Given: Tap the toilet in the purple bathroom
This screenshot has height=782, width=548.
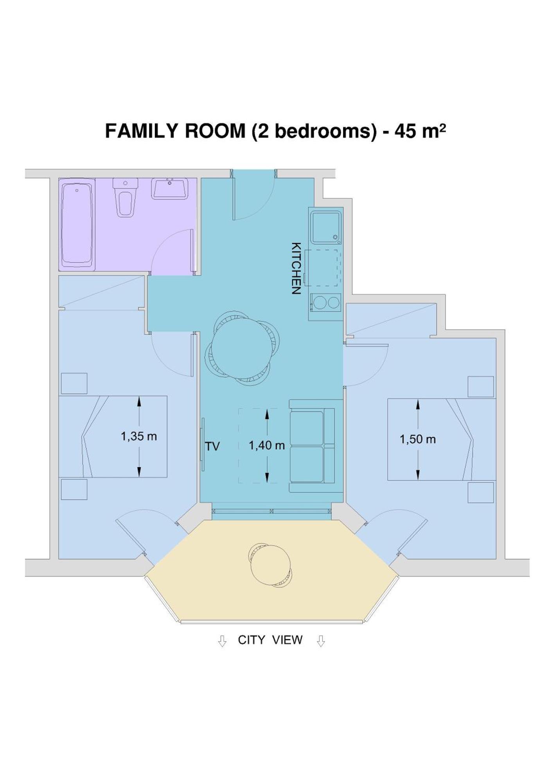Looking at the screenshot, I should point(125,198).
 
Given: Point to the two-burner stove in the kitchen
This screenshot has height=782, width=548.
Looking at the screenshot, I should point(326,303).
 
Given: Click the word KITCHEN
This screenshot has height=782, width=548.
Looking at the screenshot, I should point(296,268).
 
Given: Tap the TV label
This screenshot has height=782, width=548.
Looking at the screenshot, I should point(212,446).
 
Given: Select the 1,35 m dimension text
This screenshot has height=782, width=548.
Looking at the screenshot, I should point(138,436).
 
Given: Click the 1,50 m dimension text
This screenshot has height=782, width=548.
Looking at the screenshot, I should point(417,439).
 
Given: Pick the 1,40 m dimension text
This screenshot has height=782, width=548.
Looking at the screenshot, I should point(267,445).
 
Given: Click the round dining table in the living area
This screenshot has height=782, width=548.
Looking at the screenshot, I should point(241,348).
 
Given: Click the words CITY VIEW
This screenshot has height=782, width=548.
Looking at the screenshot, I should point(270,640).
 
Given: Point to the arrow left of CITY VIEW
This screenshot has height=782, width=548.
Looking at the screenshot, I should point(222,641).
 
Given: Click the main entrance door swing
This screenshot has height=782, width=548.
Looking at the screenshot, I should point(250,199).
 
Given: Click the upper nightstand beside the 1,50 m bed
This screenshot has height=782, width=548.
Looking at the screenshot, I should point(480,387).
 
